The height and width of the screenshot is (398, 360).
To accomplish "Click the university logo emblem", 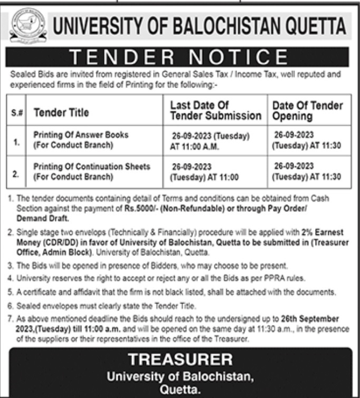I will (x=28, y=25).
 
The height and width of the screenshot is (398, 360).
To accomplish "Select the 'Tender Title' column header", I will (x=61, y=112).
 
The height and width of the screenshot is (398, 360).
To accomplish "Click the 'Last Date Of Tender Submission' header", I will (x=215, y=110).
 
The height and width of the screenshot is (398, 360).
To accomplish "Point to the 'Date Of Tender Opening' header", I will (x=307, y=110).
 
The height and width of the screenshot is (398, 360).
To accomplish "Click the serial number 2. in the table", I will (x=15, y=173).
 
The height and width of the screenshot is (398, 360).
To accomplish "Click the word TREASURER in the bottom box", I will (x=181, y=360).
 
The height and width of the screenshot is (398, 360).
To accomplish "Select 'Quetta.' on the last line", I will (x=181, y=390).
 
